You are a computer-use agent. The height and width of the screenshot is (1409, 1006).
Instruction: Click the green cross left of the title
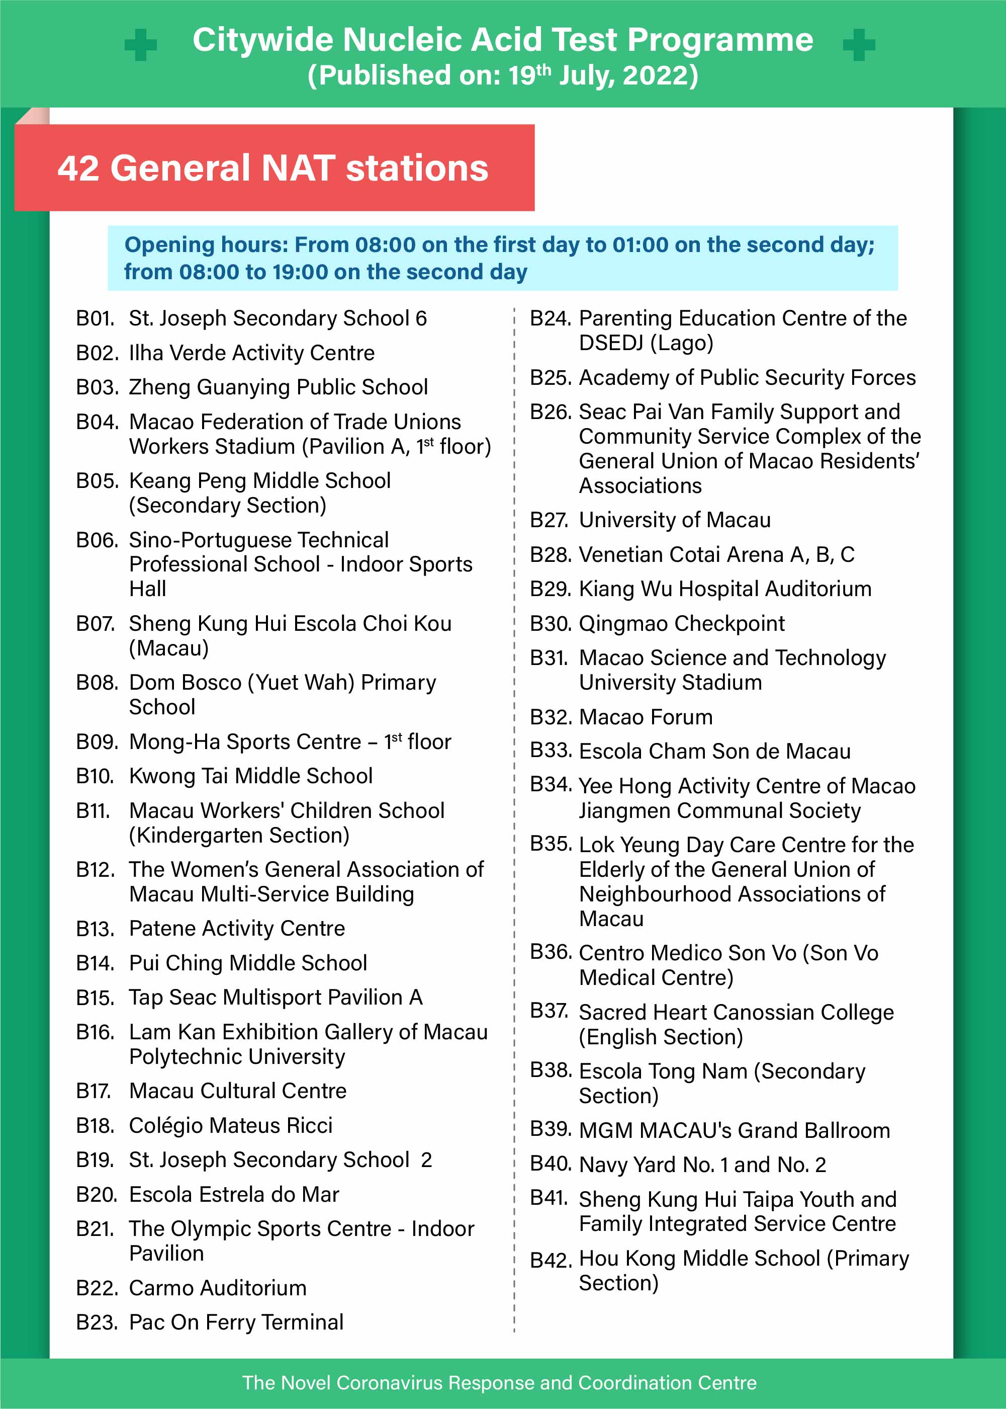[141, 45]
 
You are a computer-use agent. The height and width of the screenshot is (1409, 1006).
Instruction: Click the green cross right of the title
[859, 45]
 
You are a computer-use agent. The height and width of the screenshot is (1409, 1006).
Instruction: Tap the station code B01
[96, 318]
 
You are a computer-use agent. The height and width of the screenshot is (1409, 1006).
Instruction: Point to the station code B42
[550, 1260]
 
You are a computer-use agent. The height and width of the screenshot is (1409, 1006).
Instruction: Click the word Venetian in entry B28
[617, 554]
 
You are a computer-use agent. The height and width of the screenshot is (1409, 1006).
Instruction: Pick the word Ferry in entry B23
[230, 1322]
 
